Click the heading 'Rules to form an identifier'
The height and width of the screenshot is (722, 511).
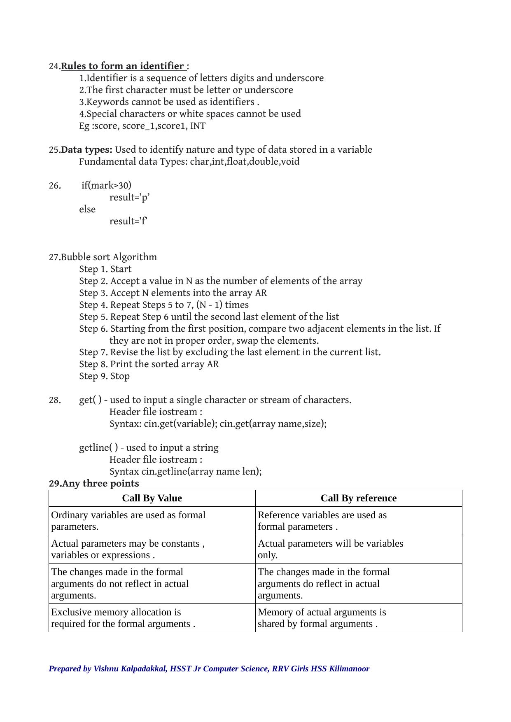[123, 66]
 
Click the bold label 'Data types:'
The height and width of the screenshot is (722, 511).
[86, 149]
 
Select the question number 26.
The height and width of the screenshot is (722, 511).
[55, 186]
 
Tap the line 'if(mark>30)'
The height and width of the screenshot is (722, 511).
[106, 185]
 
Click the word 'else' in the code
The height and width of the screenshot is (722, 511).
[87, 209]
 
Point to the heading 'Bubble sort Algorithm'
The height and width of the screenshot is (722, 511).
[109, 257]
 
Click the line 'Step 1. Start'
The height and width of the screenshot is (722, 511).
[105, 269]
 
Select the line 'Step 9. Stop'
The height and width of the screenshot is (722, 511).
[104, 376]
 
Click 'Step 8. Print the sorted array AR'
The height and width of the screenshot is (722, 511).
[149, 364]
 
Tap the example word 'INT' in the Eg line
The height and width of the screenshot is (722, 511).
[198, 126]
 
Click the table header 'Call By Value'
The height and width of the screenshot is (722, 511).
[152, 498]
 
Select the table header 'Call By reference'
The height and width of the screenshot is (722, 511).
[358, 498]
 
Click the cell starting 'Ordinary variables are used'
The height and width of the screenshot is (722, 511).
[128, 521]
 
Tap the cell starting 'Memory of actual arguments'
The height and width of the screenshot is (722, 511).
[322, 618]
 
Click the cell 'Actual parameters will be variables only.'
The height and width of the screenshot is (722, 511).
[330, 549]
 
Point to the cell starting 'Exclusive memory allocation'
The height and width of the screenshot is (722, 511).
[123, 618]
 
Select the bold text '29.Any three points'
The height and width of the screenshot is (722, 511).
[94, 484]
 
